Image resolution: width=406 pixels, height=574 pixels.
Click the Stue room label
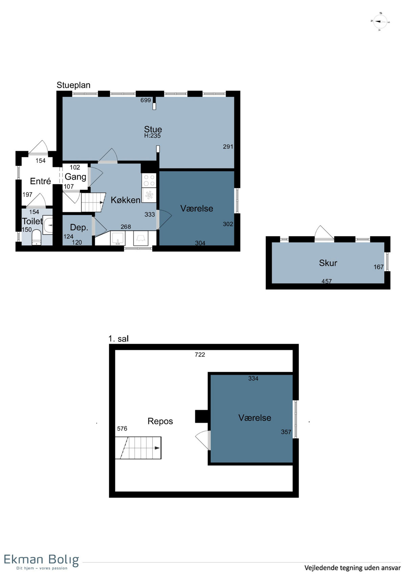point(153,129)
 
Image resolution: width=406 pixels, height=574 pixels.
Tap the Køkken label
point(125,200)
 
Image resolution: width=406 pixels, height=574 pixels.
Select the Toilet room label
point(32,221)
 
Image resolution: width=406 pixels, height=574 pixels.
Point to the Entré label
point(40,181)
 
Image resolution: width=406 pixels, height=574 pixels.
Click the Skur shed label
point(328,263)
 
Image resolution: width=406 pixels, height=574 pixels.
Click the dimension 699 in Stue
point(145,100)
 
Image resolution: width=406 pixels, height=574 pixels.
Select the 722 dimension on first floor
point(200,354)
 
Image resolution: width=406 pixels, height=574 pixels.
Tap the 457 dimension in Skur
point(326,281)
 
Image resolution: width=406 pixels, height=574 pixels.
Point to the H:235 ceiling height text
point(152,136)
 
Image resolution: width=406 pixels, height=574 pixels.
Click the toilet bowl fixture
point(36,237)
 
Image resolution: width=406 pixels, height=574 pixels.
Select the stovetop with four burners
point(149,180)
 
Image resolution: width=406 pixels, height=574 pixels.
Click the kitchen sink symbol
point(118,238)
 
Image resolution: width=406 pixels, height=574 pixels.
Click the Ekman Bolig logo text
point(41,560)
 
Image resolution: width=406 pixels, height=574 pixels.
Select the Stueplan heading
point(73,85)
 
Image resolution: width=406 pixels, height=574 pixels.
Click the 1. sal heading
point(118,339)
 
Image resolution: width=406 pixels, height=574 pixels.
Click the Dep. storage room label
point(79,227)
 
